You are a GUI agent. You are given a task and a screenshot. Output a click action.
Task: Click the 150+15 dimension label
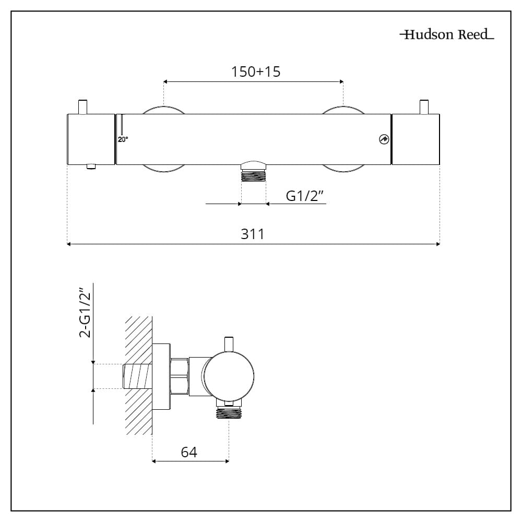(x=256, y=72)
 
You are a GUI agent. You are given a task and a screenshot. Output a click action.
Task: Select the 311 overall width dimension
(x=253, y=234)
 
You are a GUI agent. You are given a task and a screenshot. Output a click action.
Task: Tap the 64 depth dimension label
(x=189, y=452)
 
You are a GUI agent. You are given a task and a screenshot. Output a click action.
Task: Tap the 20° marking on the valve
(x=123, y=139)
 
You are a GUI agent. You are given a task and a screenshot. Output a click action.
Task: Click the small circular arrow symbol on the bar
(x=385, y=139)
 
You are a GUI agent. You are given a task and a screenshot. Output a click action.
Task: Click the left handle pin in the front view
(x=81, y=106)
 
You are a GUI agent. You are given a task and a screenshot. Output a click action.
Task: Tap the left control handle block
(x=91, y=139)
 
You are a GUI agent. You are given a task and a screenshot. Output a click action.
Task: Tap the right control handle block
(x=416, y=139)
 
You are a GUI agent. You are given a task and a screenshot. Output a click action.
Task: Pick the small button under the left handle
(x=92, y=167)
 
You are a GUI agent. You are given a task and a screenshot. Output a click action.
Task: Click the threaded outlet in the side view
(x=229, y=413)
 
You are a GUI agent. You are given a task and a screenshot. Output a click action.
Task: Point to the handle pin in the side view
(x=228, y=345)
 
